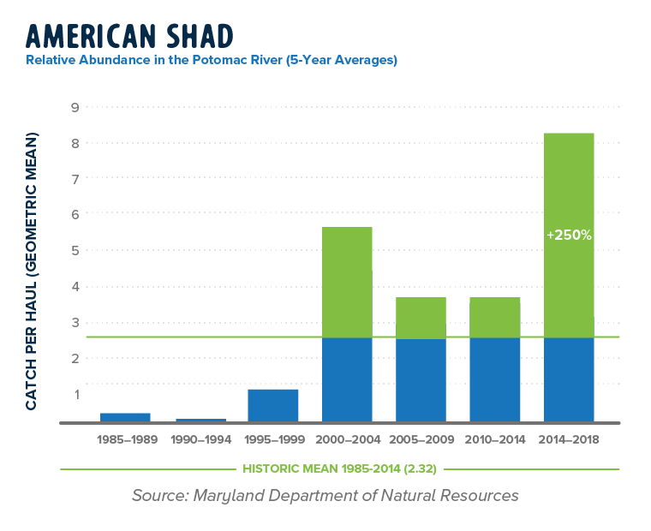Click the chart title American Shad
(x=129, y=36)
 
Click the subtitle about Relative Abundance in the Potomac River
(x=212, y=61)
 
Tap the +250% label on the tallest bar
(x=569, y=235)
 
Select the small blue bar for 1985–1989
(x=125, y=417)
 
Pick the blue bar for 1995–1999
(x=273, y=405)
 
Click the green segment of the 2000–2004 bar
(x=347, y=282)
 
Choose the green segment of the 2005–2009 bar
(x=421, y=317)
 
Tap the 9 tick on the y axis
(x=75, y=107)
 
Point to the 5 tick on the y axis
(x=75, y=250)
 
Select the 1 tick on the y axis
(x=75, y=394)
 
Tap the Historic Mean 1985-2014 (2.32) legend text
(x=339, y=469)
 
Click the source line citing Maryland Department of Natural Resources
(x=325, y=496)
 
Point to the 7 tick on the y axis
(x=75, y=178)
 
